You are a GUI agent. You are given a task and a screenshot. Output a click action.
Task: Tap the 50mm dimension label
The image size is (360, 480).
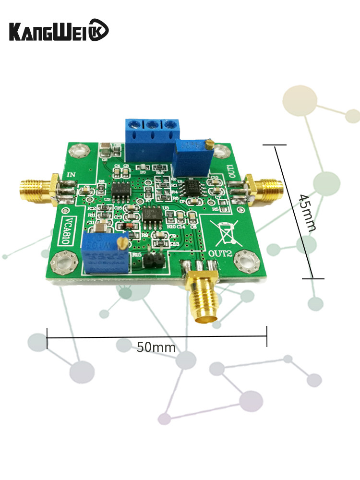click(156, 347)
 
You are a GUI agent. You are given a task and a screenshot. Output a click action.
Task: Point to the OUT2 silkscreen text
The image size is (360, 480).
click(220, 252)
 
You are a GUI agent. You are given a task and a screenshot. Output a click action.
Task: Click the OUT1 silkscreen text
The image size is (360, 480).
click(231, 171)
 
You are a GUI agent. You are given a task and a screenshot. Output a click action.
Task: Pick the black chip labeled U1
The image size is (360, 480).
click(195, 186)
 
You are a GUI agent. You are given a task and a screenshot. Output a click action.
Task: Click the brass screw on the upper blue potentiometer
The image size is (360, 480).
click(208, 144)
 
